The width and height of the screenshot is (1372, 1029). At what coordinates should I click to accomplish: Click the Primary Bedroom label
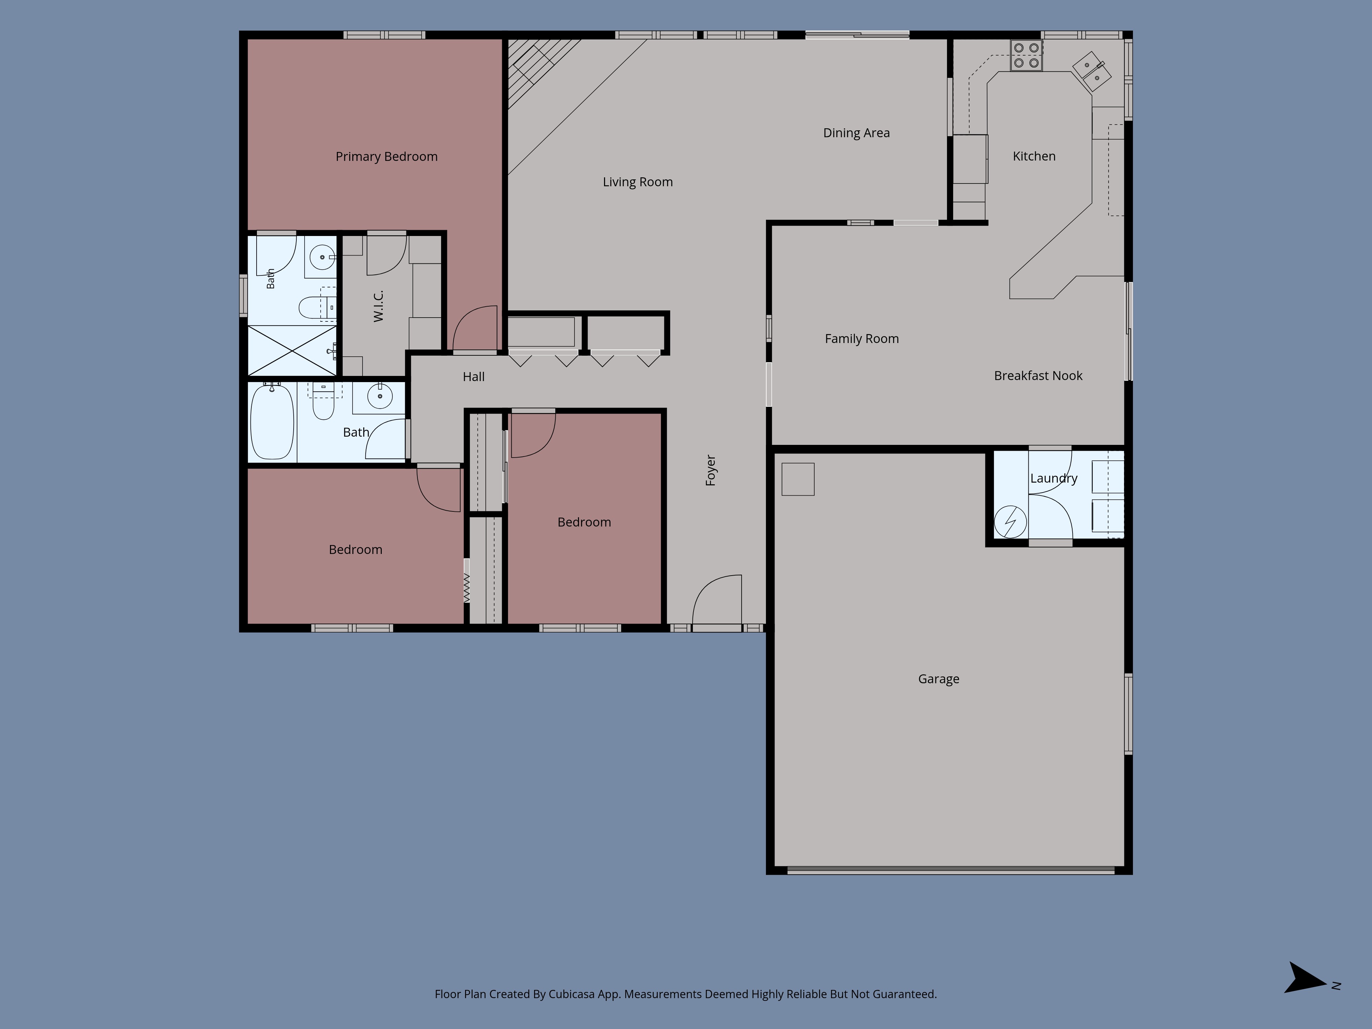[387, 156]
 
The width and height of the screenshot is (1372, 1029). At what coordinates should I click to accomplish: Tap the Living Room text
[638, 182]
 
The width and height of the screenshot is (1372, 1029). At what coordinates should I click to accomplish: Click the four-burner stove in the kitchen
[1026, 55]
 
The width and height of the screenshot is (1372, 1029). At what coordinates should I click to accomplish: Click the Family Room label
[862, 339]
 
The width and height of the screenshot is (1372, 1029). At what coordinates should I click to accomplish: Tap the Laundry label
[1054, 478]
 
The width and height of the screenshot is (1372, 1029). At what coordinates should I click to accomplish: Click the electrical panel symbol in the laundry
[1010, 522]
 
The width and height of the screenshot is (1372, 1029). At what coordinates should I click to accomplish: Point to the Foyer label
[711, 470]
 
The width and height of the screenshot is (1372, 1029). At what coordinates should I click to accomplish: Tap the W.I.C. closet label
[378, 306]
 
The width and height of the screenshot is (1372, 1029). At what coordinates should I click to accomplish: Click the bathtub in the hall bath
[272, 421]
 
